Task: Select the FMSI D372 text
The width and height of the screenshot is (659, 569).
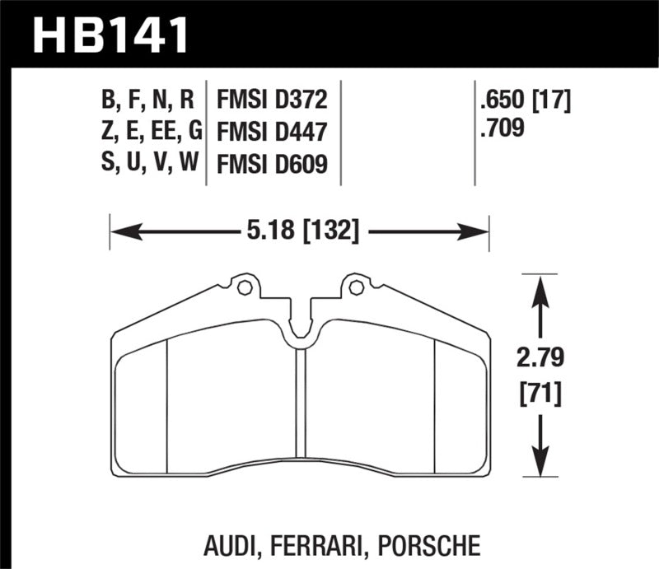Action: [x=272, y=100]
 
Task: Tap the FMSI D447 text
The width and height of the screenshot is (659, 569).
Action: [x=272, y=132]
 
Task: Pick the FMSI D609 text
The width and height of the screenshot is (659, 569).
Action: [x=272, y=164]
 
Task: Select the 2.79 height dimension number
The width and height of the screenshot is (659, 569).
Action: [x=540, y=359]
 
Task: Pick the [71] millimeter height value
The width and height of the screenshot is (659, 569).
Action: [x=540, y=394]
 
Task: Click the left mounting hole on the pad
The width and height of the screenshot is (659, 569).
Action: [x=243, y=287]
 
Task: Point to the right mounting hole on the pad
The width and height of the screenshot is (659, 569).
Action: [x=356, y=287]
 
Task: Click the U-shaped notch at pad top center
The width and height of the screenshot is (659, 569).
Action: [x=300, y=325]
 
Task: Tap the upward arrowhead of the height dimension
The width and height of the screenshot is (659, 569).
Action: [x=540, y=285]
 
